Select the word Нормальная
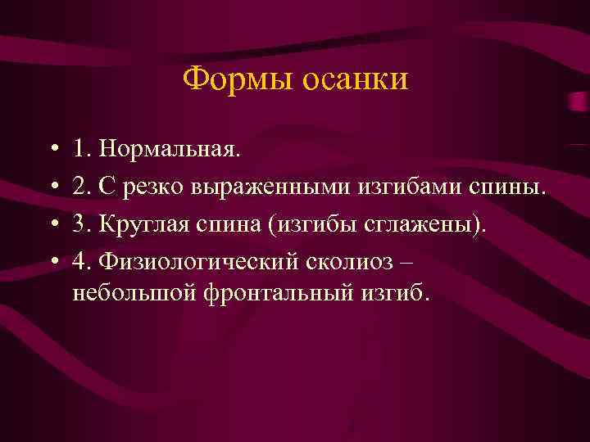170,150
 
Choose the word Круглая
138,225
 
